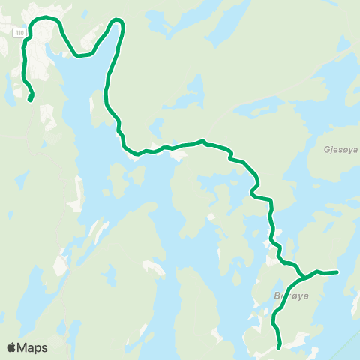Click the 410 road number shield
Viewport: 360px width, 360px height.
(x=19, y=32)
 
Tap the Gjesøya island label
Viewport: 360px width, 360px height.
(x=340, y=149)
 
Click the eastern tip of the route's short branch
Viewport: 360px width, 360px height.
(x=338, y=272)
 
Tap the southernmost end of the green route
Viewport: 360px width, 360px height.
(x=279, y=348)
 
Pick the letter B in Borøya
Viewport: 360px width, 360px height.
(x=278, y=297)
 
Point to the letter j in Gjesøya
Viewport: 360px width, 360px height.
(x=331, y=150)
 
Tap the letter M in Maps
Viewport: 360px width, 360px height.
(x=22, y=347)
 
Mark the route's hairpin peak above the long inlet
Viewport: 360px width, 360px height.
(x=118, y=22)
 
